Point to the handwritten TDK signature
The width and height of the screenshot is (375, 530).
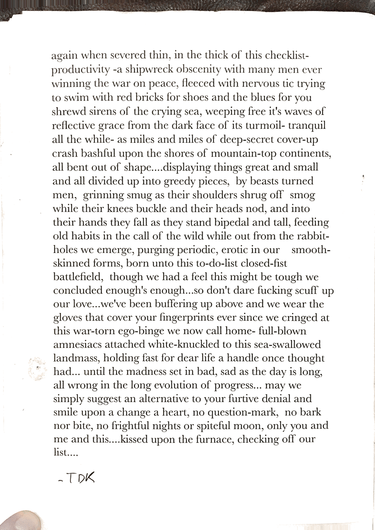[x=78, y=479]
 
